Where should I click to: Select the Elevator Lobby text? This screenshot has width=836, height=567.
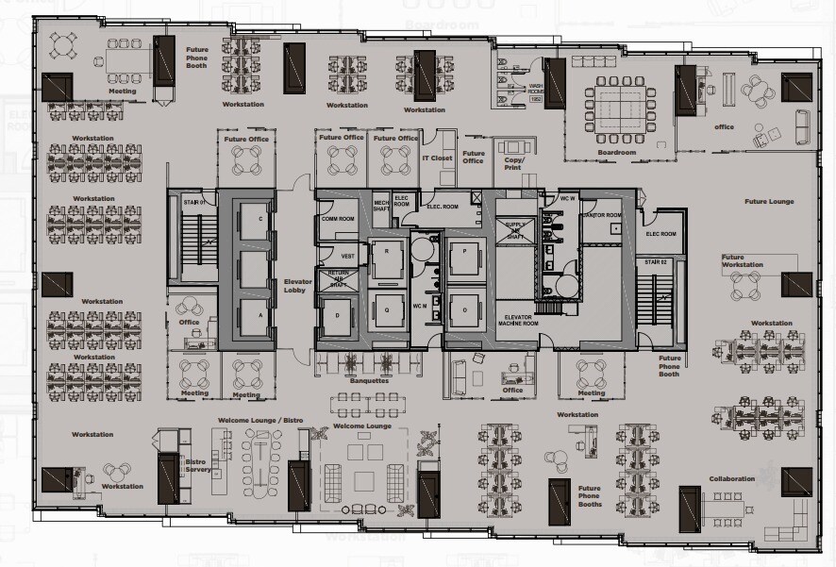tap(297, 287)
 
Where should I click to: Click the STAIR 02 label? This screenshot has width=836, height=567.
tap(656, 260)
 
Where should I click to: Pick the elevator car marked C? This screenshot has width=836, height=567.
tap(247, 219)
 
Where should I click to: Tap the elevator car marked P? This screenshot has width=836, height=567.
tap(463, 252)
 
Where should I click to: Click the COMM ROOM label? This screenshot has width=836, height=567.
tap(336, 219)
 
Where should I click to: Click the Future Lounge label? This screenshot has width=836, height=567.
tap(768, 201)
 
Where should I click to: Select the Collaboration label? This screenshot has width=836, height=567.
tap(732, 478)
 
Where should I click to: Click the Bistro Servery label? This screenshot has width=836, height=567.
tap(195, 465)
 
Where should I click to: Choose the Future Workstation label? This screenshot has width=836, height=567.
tap(743, 261)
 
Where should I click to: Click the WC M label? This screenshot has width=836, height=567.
tap(421, 307)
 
